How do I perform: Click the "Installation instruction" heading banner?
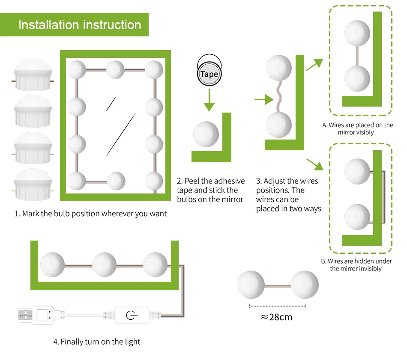click(80, 25)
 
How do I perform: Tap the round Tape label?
click(209, 74)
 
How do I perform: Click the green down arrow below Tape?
click(209, 100)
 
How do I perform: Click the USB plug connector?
click(36, 315)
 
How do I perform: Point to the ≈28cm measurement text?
click(277, 317)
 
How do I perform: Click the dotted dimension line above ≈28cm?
click(278, 306)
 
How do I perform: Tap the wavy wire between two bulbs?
click(279, 97)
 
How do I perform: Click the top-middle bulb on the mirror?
click(115, 69)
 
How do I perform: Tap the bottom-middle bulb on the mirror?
click(116, 181)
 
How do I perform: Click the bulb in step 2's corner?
click(206, 134)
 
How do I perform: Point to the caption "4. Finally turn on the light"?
click(97, 342)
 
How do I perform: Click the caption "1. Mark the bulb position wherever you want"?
click(91, 213)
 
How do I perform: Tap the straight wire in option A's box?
click(357, 55)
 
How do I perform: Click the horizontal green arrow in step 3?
click(263, 100)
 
